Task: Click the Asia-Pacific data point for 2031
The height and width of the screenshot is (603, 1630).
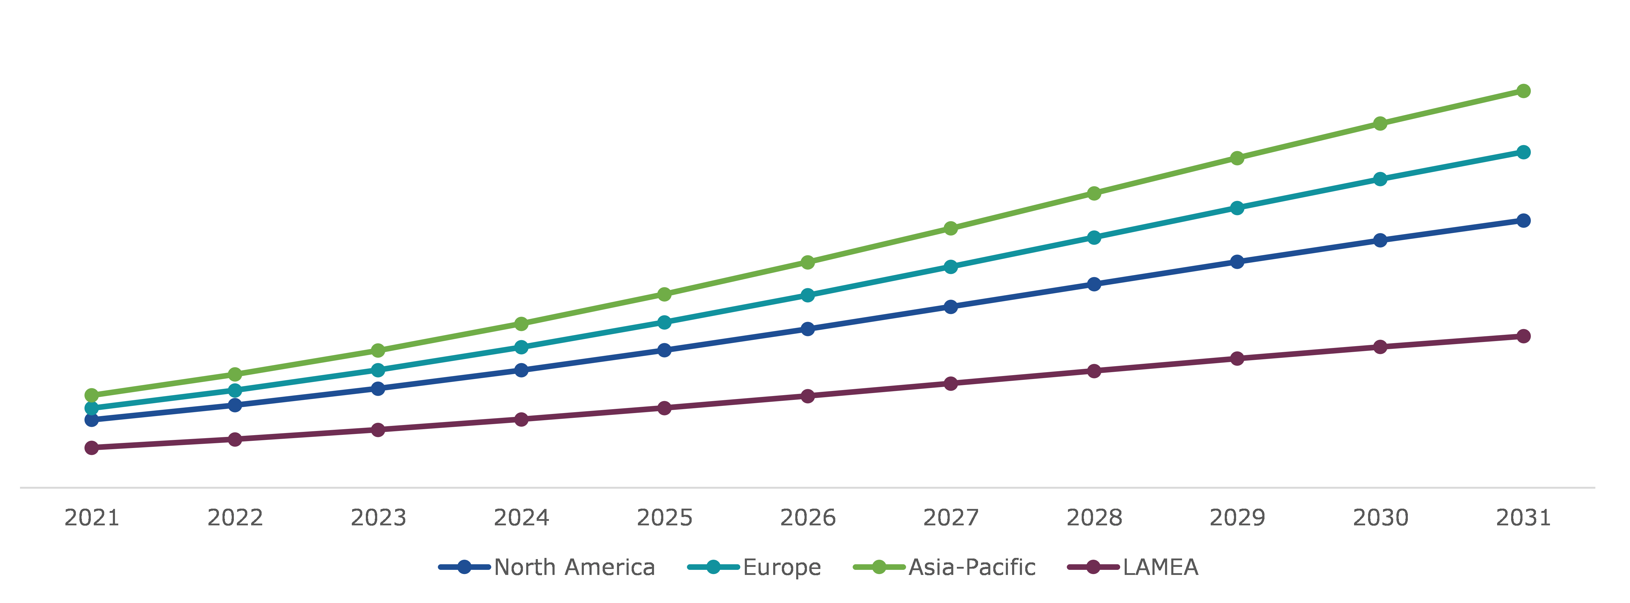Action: pos(1523,91)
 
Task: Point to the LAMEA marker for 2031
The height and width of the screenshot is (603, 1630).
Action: pos(1523,336)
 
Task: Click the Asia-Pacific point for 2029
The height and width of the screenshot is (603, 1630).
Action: pos(1237,158)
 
